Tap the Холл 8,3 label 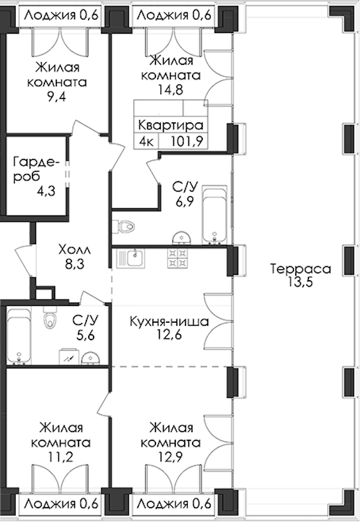(x=74, y=257)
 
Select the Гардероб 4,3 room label (x=36, y=176)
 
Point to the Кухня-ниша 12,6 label (x=169, y=328)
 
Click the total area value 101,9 (x=187, y=142)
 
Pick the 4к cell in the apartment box (x=146, y=142)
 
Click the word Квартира (x=170, y=125)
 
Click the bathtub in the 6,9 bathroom (x=214, y=215)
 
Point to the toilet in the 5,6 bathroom (x=49, y=317)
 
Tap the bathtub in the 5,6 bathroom (x=19, y=336)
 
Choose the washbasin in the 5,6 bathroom (x=91, y=359)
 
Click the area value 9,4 (x=56, y=97)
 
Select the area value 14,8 (x=170, y=89)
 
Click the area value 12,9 (x=170, y=457)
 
